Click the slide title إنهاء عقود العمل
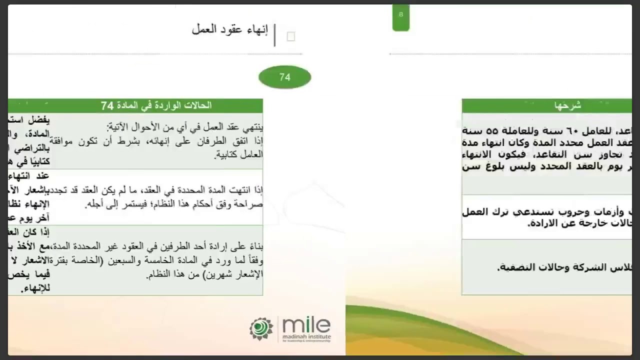(x=230, y=29)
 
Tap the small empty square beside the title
(x=291, y=36)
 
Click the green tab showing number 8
(x=400, y=15)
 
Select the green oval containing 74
(x=284, y=77)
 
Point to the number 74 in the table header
(x=107, y=105)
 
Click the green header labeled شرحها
(x=568, y=105)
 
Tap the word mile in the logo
(x=306, y=325)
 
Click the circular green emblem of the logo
(x=261, y=328)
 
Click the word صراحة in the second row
(x=251, y=204)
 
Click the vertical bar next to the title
(x=274, y=35)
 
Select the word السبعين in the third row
(x=142, y=260)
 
